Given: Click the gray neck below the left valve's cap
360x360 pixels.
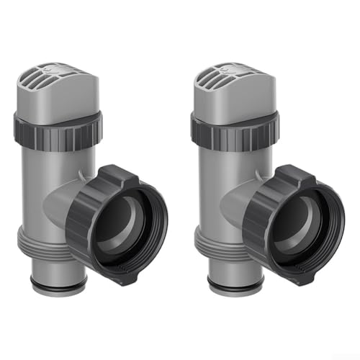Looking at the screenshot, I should pyautogui.click(x=58, y=106).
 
